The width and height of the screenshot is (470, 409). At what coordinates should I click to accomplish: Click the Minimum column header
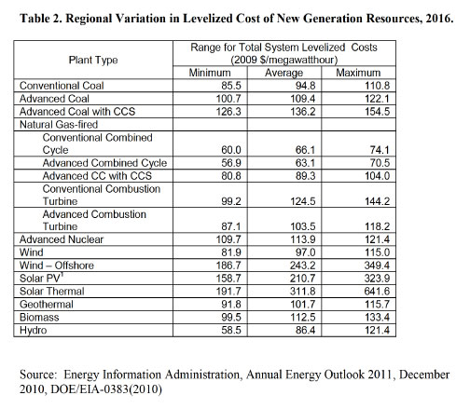tap(210, 73)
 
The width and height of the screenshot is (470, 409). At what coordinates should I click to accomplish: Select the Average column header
tap(283, 73)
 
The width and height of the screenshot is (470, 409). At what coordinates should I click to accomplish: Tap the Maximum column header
tap(358, 73)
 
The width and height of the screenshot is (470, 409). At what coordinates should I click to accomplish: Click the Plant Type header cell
tap(93, 60)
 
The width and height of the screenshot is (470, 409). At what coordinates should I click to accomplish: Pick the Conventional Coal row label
tap(62, 86)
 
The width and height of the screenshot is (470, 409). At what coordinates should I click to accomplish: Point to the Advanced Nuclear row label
tap(62, 239)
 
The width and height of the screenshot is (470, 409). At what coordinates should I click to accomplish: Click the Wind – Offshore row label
tap(57, 266)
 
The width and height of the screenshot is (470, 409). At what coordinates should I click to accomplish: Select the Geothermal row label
tap(47, 304)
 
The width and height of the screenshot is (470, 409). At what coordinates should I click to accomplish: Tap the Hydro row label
tap(33, 330)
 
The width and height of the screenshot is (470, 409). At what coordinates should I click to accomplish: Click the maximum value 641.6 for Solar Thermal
tap(377, 292)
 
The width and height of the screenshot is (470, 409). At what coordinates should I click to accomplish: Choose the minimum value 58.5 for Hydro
tap(231, 330)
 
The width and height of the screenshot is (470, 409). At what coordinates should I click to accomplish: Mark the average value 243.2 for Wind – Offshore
tap(302, 266)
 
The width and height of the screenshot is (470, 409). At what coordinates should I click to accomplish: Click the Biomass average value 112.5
tap(302, 317)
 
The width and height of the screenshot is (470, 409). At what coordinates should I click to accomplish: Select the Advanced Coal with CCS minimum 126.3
tap(228, 112)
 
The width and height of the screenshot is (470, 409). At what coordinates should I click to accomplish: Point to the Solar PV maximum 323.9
tap(377, 279)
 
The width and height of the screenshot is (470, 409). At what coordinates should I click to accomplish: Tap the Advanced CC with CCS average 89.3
tap(305, 176)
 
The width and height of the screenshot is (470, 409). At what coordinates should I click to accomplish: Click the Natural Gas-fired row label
tap(59, 124)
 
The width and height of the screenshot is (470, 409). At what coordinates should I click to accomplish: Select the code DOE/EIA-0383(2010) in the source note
tap(106, 389)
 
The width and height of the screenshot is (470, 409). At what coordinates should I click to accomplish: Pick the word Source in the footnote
tap(38, 375)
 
